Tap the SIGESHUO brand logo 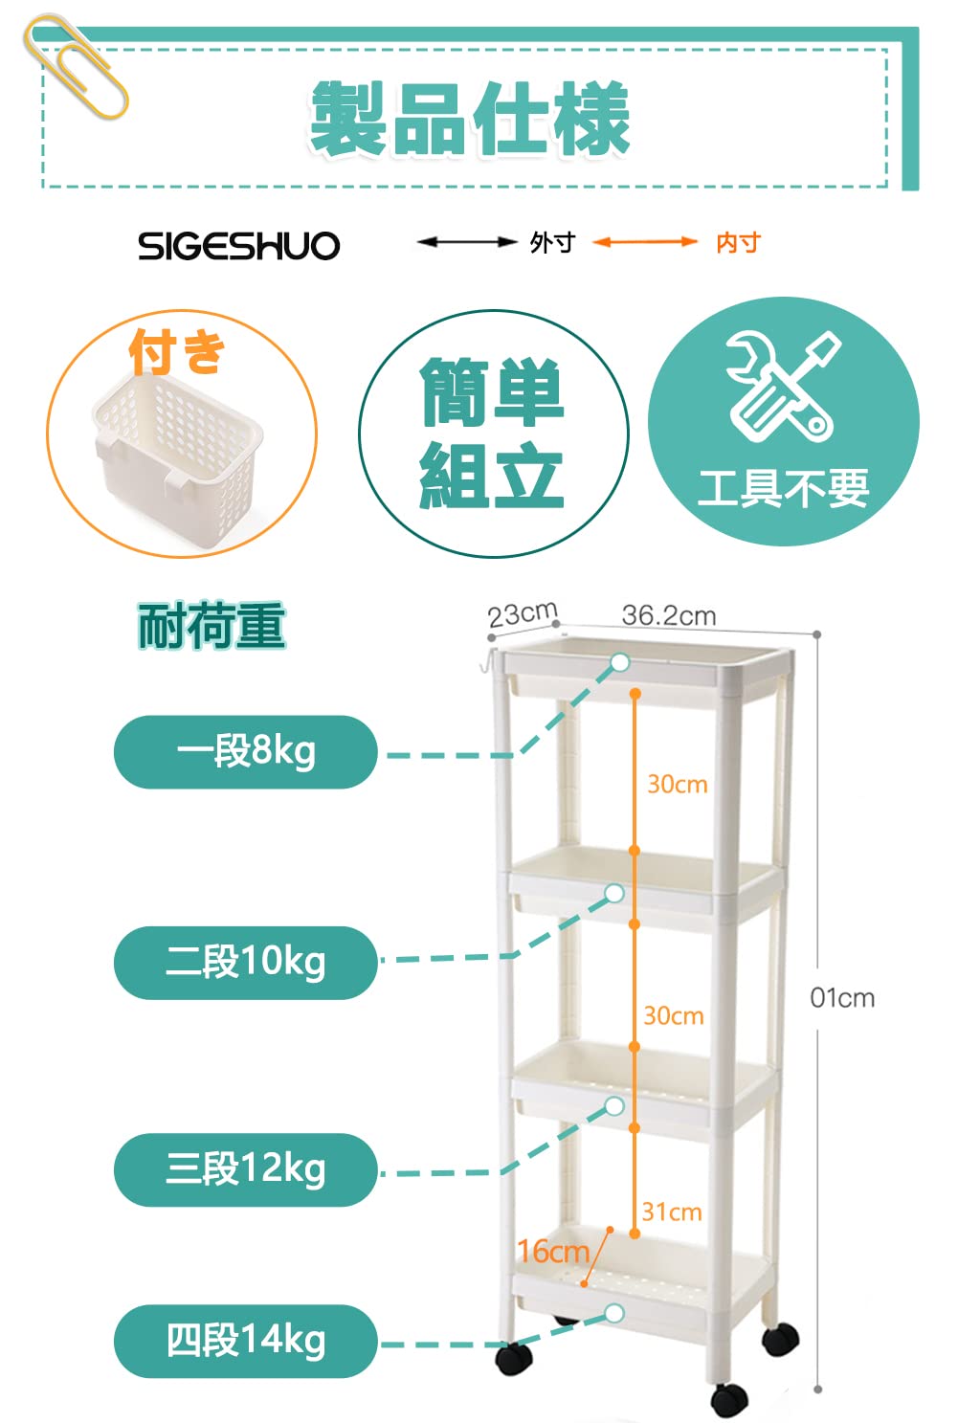click(238, 246)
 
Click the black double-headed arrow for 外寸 click(467, 242)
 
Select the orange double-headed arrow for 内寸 click(644, 242)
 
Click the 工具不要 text click(783, 488)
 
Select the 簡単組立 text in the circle click(493, 434)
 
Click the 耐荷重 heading click(212, 627)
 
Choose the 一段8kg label click(246, 752)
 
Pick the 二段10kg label click(246, 962)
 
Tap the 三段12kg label click(246, 1169)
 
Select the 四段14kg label click(246, 1341)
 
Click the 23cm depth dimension click(522, 613)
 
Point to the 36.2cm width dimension click(669, 615)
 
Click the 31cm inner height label click(672, 1212)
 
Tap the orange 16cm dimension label click(553, 1251)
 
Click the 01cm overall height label click(842, 998)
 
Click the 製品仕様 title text click(469, 119)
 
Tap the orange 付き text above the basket click(177, 352)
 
